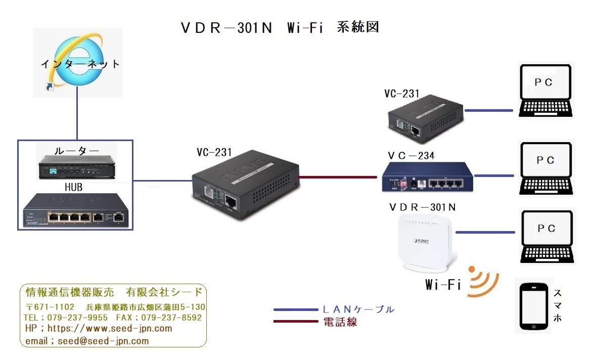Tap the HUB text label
point(73,187)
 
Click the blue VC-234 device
point(428,177)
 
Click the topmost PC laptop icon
point(547,92)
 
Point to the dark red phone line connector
point(339,177)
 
